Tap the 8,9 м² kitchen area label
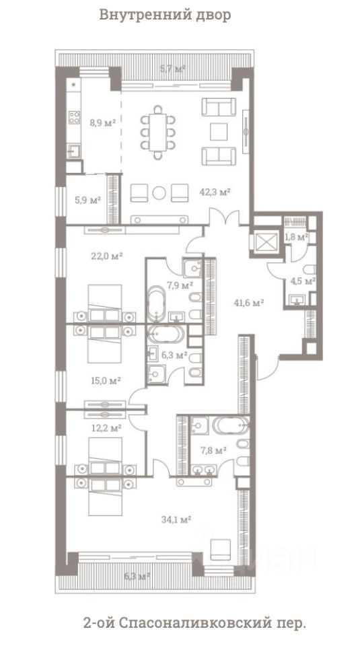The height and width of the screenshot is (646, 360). pyautogui.click(x=102, y=122)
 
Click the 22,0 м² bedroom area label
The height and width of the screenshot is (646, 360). pyautogui.click(x=107, y=256)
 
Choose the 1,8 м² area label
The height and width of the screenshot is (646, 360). pyautogui.click(x=297, y=238)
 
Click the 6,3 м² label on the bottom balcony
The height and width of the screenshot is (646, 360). pyautogui.click(x=137, y=575)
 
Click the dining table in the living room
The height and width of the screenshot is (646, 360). pyautogui.click(x=157, y=133)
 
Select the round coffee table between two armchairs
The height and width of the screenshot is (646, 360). pyautogui.click(x=159, y=193)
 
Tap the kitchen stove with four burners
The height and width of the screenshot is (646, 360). pyautogui.click(x=74, y=117)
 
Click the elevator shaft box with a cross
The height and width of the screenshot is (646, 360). pyautogui.click(x=265, y=242)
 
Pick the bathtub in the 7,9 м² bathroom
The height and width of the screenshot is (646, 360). pyautogui.click(x=157, y=303)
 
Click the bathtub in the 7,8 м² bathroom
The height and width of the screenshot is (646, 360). pyautogui.click(x=231, y=425)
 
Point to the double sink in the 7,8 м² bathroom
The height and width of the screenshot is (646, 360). pyautogui.click(x=204, y=470)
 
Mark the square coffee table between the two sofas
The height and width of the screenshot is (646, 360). pyautogui.click(x=219, y=131)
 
